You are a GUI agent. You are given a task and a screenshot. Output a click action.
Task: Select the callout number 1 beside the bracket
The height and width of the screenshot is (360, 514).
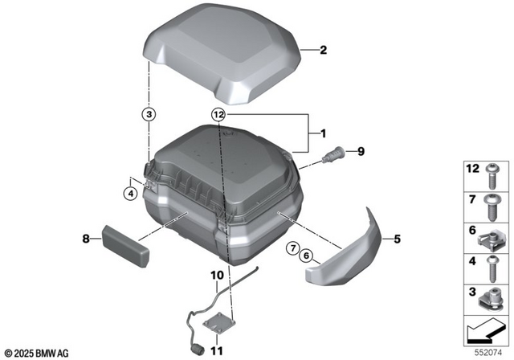click(x=324, y=133)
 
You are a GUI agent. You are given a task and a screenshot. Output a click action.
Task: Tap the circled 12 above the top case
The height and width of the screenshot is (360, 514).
click(x=218, y=115)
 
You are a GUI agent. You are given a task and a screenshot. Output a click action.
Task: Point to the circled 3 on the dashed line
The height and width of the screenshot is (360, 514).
click(x=149, y=114)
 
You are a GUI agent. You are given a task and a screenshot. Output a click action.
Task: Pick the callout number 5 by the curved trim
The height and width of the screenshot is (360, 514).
click(x=397, y=239)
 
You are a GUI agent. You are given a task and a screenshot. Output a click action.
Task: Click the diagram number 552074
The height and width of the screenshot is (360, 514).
click(x=487, y=351)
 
